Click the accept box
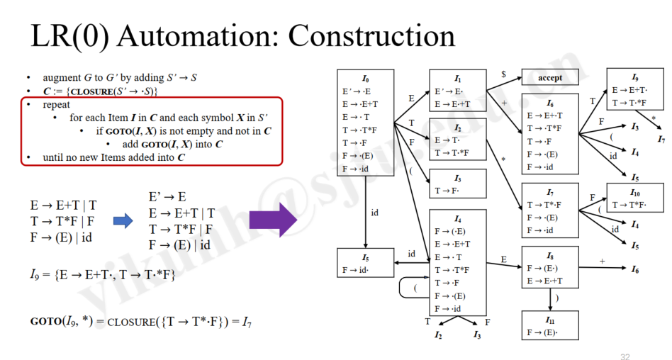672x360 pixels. tap(550, 77)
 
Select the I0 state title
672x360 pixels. tap(365, 79)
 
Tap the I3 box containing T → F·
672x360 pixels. tap(458, 184)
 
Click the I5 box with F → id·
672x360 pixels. tap(365, 263)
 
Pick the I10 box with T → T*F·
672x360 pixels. tap(634, 198)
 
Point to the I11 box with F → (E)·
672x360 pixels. tap(550, 325)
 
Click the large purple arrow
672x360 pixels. tap(273, 220)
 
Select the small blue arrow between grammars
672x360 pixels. tap(123, 221)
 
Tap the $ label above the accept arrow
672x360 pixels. tap(503, 74)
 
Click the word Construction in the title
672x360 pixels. tap(371, 35)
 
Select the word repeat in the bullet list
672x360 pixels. tap(56, 105)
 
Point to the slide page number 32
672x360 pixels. tap(625, 356)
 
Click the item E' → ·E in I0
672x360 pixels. tap(357, 91)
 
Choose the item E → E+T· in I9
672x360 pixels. tap(629, 90)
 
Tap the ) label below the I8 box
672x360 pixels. tap(556, 298)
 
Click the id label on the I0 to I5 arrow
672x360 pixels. tap(374, 213)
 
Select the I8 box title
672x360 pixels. tap(550, 256)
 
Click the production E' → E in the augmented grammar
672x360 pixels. tap(167, 197)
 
